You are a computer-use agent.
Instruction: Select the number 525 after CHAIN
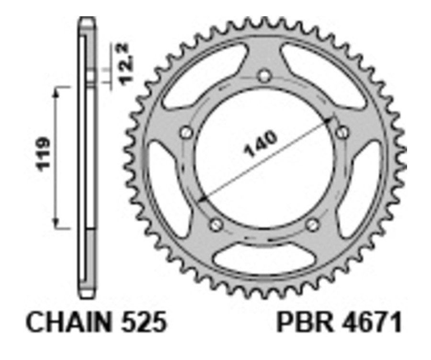(144, 323)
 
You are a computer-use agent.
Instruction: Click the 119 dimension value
(45, 154)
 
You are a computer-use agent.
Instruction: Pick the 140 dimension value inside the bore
(260, 144)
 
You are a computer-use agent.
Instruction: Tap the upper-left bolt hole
(186, 132)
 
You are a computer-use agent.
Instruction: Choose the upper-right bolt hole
(341, 132)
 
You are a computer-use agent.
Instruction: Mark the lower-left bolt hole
(216, 224)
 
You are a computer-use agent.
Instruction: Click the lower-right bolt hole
(312, 224)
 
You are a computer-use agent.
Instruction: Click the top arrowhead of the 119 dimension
(57, 91)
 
